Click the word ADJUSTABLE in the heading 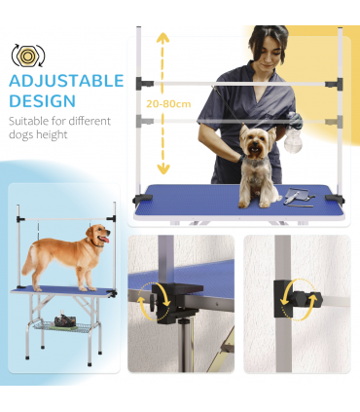coord(67,81)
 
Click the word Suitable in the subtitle coord(30,121)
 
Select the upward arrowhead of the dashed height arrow coord(163,39)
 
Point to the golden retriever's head coord(97,236)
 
